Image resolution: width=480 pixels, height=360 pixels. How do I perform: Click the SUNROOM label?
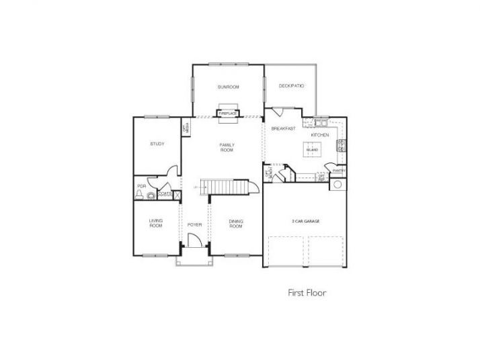click(228, 87)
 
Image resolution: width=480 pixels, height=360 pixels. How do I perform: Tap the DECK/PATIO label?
click(292, 86)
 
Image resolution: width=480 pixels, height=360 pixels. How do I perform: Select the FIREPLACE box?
click(227, 114)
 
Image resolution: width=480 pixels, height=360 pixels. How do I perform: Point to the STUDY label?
click(157, 144)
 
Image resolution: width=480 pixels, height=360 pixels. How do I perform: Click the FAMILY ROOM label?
click(227, 147)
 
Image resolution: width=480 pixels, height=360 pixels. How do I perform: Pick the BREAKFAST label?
click(284, 128)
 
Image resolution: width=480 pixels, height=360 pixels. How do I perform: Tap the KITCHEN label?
click(320, 135)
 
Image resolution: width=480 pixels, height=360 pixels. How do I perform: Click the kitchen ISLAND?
click(312, 150)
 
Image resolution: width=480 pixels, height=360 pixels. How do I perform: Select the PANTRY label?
click(337, 171)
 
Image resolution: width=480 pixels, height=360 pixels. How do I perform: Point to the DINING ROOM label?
click(235, 224)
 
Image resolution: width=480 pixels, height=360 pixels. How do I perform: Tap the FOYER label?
click(194, 224)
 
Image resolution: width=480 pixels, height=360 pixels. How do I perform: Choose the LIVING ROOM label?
click(156, 224)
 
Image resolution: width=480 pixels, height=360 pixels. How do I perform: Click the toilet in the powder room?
click(139, 195)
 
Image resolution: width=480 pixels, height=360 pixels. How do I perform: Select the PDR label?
click(141, 186)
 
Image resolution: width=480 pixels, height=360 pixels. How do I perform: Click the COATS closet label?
click(165, 194)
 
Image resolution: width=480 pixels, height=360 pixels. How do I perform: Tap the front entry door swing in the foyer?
click(194, 240)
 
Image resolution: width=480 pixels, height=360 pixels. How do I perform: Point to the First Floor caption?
click(307, 293)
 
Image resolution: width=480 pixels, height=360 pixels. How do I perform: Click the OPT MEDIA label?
click(185, 126)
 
